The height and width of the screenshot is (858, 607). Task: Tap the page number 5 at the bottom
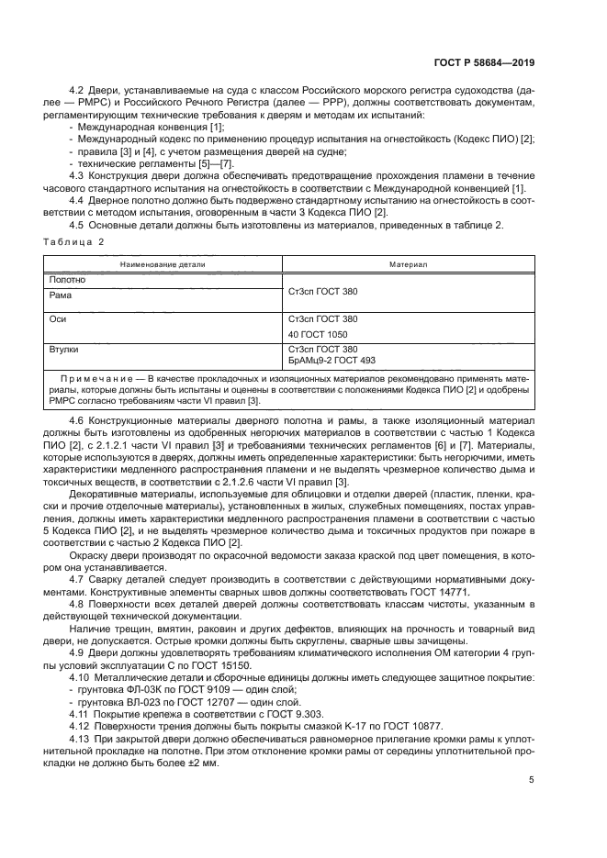(532, 781)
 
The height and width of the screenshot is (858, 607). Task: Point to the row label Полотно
(67, 280)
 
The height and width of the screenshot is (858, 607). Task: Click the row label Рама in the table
(62, 295)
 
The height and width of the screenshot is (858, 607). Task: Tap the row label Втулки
(65, 350)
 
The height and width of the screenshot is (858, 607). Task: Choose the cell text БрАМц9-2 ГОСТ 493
(332, 361)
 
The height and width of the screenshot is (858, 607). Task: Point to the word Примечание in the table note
(96, 378)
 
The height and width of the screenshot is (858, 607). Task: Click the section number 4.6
(78, 419)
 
